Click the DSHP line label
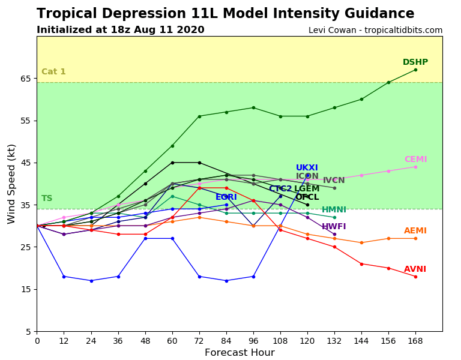415,62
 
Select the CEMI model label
415,160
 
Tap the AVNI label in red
415,269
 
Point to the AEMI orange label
415,231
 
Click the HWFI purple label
334,227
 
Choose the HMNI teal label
334,210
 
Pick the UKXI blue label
307,168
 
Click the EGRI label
226,197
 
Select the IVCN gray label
334,181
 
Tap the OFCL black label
307,197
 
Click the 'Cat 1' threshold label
53,72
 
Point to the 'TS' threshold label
47,199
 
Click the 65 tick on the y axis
26,79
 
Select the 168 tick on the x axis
415,340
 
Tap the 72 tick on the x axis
199,340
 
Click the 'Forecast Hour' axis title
240,353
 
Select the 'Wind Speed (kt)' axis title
12,184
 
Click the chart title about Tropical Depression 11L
225,14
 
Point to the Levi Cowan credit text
375,30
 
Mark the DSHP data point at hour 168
415,70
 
